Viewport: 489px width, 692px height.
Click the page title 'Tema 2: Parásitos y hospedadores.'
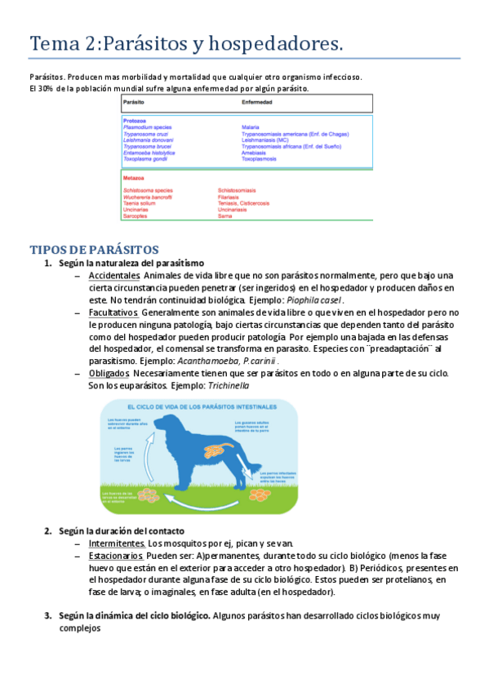point(186,43)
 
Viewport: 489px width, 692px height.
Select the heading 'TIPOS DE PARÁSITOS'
point(94,249)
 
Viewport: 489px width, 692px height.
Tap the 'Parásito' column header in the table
point(134,104)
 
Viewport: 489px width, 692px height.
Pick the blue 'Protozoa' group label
point(135,121)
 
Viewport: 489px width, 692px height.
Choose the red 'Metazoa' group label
point(134,177)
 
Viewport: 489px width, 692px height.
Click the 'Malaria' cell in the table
point(251,128)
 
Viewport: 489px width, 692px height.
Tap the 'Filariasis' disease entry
point(229,197)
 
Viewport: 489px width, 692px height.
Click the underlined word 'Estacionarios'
point(117,555)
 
